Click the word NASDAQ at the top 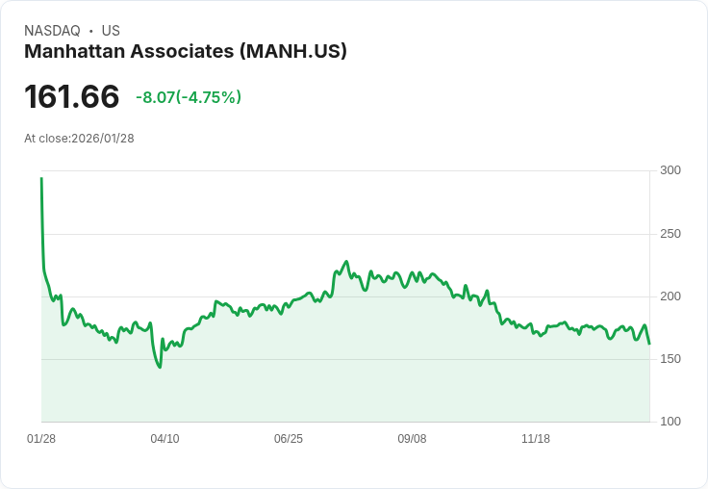(x=52, y=31)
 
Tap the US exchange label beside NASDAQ (x=111, y=31)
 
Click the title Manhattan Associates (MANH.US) (x=186, y=52)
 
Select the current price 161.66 (x=72, y=96)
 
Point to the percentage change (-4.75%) (x=208, y=97)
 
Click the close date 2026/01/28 (x=103, y=139)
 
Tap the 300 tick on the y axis (x=670, y=170)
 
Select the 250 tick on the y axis (x=670, y=234)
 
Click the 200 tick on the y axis (x=670, y=296)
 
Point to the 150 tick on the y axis (x=670, y=359)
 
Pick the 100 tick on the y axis (x=670, y=422)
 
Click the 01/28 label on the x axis (x=41, y=439)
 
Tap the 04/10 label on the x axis (x=164, y=439)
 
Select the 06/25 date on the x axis (x=289, y=439)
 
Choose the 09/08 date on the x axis (x=412, y=439)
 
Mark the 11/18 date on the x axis (x=536, y=439)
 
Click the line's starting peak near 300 (x=41, y=178)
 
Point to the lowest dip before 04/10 (x=160, y=367)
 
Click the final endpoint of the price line (x=649, y=344)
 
